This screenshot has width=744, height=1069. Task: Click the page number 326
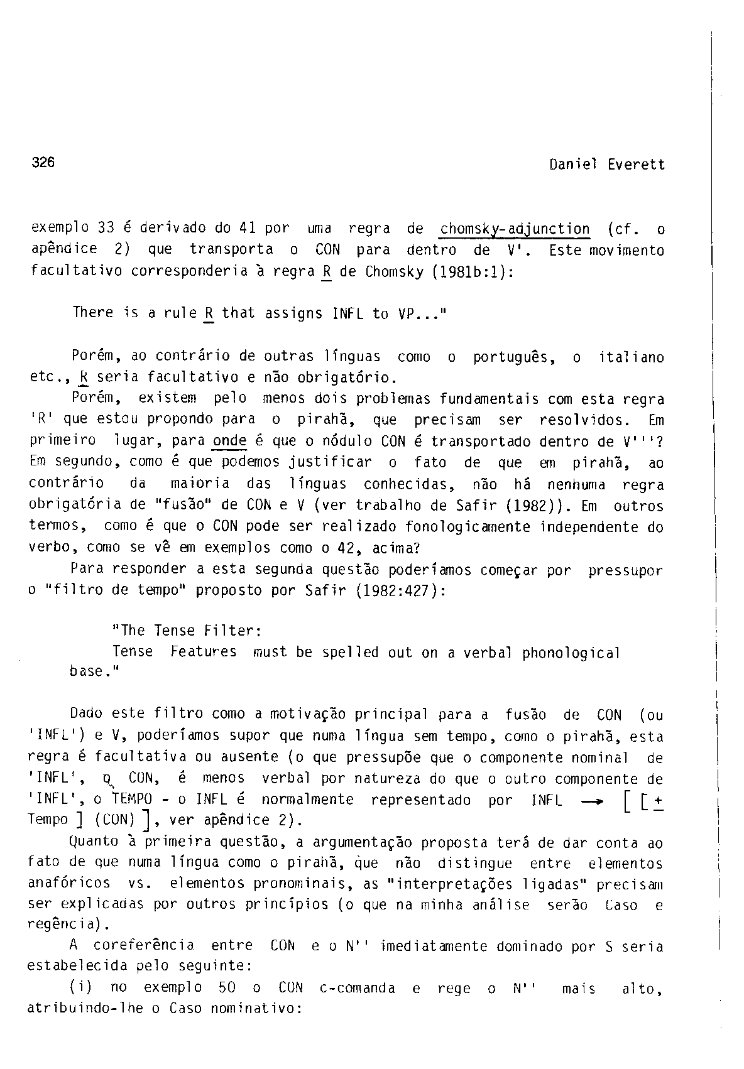pyautogui.click(x=43, y=162)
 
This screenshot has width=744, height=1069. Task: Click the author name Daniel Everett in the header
pyautogui.click(x=606, y=165)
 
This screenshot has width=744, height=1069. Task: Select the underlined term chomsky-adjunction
pyautogui.click(x=515, y=229)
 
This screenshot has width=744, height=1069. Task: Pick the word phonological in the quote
pyautogui.click(x=571, y=653)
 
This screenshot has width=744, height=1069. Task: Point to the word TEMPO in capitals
pyautogui.click(x=132, y=800)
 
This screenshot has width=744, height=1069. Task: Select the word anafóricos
pyautogui.click(x=69, y=884)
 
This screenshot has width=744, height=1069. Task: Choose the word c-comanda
pyautogui.click(x=357, y=989)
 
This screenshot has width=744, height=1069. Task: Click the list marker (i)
pyautogui.click(x=82, y=988)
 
